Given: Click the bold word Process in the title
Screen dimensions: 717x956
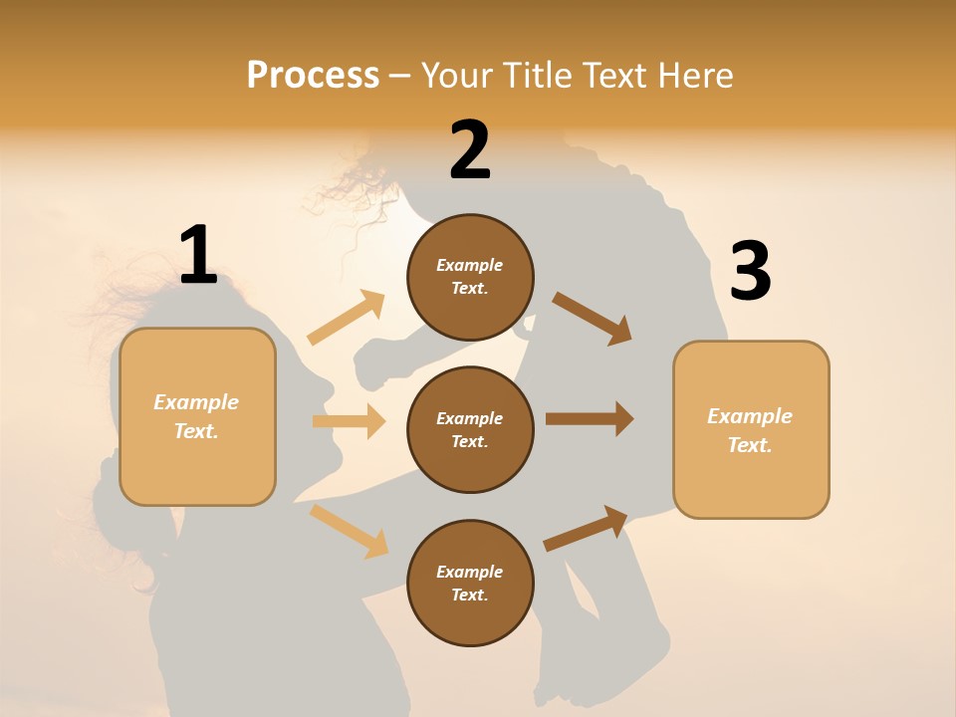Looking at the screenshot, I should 313,75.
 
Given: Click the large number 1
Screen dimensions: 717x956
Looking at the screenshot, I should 198,256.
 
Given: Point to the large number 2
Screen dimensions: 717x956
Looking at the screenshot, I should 470,151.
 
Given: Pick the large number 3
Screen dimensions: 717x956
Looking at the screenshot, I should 750,272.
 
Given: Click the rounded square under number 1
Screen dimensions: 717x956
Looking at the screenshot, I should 197,416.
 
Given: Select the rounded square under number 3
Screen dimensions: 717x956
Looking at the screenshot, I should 751,430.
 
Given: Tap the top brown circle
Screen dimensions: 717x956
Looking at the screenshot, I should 470,277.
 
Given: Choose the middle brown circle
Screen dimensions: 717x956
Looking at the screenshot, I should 470,429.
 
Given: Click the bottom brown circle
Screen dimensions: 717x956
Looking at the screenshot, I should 470,583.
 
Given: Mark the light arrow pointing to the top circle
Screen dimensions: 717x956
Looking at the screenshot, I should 347,318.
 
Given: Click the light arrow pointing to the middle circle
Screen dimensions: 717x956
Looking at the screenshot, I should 349,421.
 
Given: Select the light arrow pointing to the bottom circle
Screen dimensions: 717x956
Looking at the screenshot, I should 350,530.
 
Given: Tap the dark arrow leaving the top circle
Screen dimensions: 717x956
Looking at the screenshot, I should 592,318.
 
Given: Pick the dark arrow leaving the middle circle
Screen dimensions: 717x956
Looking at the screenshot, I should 589,418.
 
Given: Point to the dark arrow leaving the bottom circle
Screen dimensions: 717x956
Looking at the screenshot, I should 586,528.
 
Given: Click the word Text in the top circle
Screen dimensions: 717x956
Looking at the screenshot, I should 468,289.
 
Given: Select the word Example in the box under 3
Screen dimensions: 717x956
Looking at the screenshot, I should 750,416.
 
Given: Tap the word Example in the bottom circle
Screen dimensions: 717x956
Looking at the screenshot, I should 470,572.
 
